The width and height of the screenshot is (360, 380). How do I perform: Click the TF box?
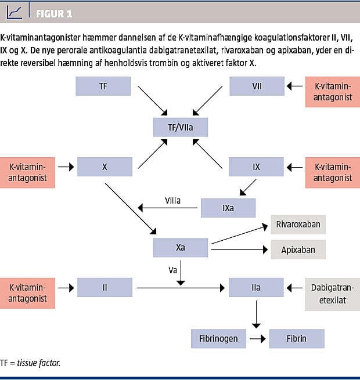coord(103,86)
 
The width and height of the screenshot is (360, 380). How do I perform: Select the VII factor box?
coord(256,86)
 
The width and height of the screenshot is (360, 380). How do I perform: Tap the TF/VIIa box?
coord(180,126)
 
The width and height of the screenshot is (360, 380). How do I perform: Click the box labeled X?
coord(105,167)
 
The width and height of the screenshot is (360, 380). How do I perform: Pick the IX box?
coord(256,167)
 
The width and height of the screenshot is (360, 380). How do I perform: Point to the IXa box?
coord(228,208)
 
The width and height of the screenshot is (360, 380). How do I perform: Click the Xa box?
coord(180,248)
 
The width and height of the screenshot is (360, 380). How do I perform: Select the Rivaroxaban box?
coord(298,224)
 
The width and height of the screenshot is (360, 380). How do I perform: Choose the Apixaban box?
coord(298,250)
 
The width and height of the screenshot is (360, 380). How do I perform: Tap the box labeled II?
coord(105,287)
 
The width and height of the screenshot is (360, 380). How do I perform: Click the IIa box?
coord(256,287)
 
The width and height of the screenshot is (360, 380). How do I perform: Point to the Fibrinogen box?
coord(215,338)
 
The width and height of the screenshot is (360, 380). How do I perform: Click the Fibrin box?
coord(296,338)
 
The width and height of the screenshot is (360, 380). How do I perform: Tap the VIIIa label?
coord(172,201)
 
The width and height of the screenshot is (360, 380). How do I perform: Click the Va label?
coord(172,270)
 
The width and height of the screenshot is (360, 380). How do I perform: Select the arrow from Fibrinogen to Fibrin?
coord(255,338)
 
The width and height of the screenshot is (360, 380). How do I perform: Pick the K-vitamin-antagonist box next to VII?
coord(333,92)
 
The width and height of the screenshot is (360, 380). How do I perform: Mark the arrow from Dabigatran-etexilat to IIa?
coord(294,287)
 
